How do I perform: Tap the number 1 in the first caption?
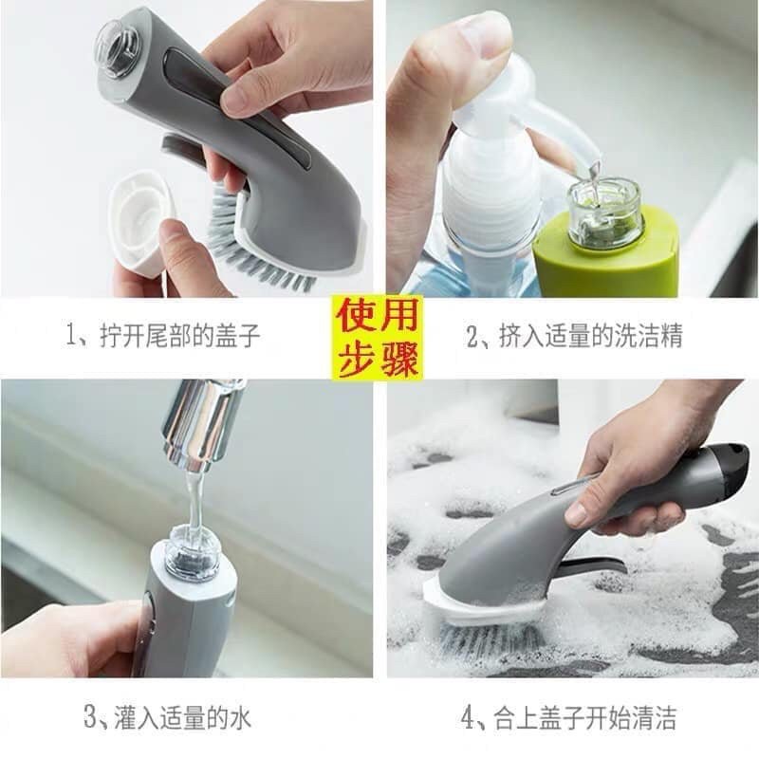(x=73, y=336)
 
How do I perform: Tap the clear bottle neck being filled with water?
(x=193, y=552)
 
